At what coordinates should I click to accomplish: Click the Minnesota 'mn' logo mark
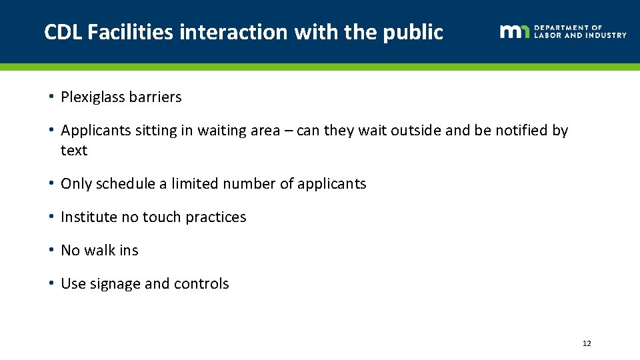[514, 31]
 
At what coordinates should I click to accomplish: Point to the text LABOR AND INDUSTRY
[580, 35]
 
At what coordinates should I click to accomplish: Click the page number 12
[587, 343]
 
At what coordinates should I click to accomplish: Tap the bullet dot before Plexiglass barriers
[51, 97]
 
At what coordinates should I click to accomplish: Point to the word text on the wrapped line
[74, 151]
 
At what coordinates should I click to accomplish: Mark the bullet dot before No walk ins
[51, 251]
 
